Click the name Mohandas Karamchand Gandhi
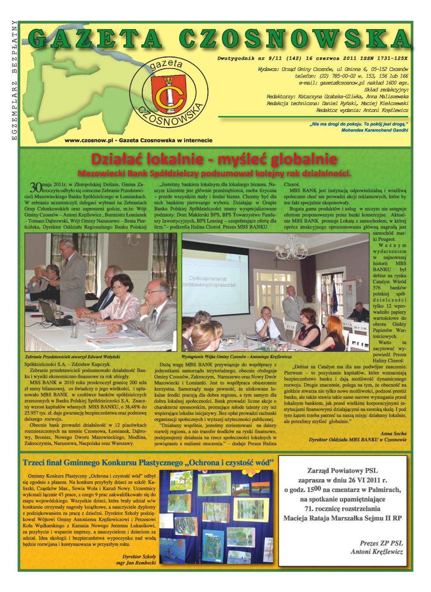click(x=374, y=130)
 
